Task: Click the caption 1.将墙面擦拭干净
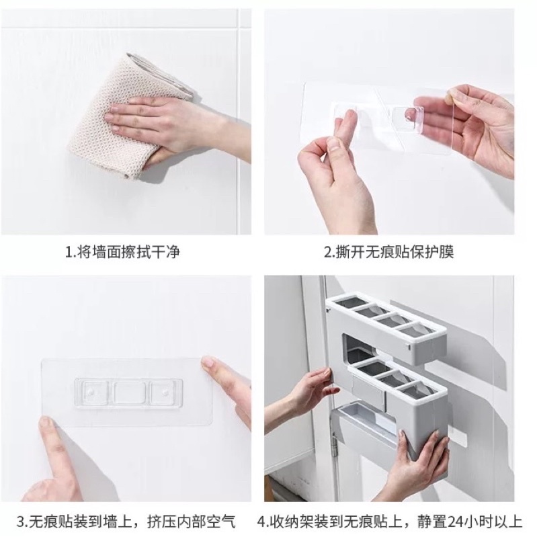point(122,252)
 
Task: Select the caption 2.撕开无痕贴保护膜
point(389,252)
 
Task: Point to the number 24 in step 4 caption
point(457,522)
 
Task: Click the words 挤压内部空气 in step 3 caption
point(192,522)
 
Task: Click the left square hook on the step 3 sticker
point(93,393)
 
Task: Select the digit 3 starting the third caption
point(22,522)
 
